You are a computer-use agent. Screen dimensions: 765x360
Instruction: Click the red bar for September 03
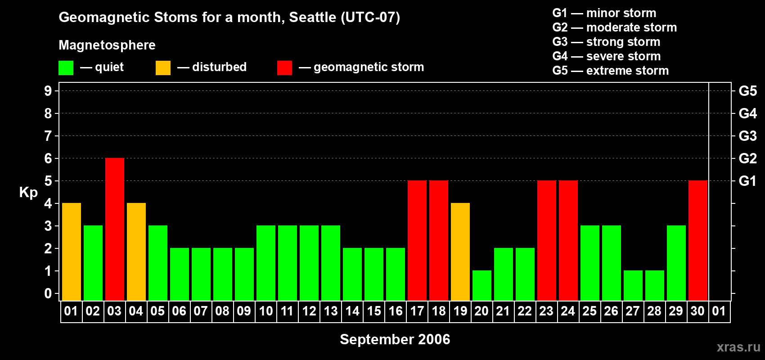pyautogui.click(x=115, y=229)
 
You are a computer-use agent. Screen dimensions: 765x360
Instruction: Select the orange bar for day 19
pyautogui.click(x=460, y=252)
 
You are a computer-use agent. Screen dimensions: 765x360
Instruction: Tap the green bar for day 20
pyautogui.click(x=482, y=286)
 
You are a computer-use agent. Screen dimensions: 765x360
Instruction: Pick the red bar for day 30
pyautogui.click(x=698, y=240)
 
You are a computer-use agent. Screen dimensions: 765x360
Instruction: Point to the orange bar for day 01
pyautogui.click(x=72, y=252)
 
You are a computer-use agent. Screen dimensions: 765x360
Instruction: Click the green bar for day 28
pyautogui.click(x=655, y=286)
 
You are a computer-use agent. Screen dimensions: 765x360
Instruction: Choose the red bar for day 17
pyautogui.click(x=417, y=240)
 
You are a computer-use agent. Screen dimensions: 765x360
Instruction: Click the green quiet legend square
pyautogui.click(x=66, y=67)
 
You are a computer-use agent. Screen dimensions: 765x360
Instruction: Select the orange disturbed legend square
pyautogui.click(x=163, y=67)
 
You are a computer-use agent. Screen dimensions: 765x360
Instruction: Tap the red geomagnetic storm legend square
pyautogui.click(x=284, y=67)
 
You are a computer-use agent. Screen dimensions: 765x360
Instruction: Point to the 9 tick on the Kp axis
pyautogui.click(x=48, y=91)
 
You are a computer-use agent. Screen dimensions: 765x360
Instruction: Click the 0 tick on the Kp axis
pyautogui.click(x=48, y=293)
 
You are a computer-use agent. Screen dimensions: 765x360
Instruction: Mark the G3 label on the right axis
pyautogui.click(x=748, y=136)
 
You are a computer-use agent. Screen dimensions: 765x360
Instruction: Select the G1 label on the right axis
pyautogui.click(x=748, y=181)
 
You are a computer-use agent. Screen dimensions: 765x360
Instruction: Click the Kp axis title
pyautogui.click(x=28, y=193)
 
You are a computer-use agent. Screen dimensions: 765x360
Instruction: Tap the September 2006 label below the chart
pyautogui.click(x=395, y=339)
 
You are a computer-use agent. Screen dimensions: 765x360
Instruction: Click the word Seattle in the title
pyautogui.click(x=312, y=17)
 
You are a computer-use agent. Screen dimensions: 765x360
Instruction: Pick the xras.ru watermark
pyautogui.click(x=738, y=347)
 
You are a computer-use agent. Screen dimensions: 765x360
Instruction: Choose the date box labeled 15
pyautogui.click(x=374, y=311)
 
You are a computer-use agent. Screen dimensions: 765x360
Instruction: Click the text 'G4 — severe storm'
pyautogui.click(x=607, y=56)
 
